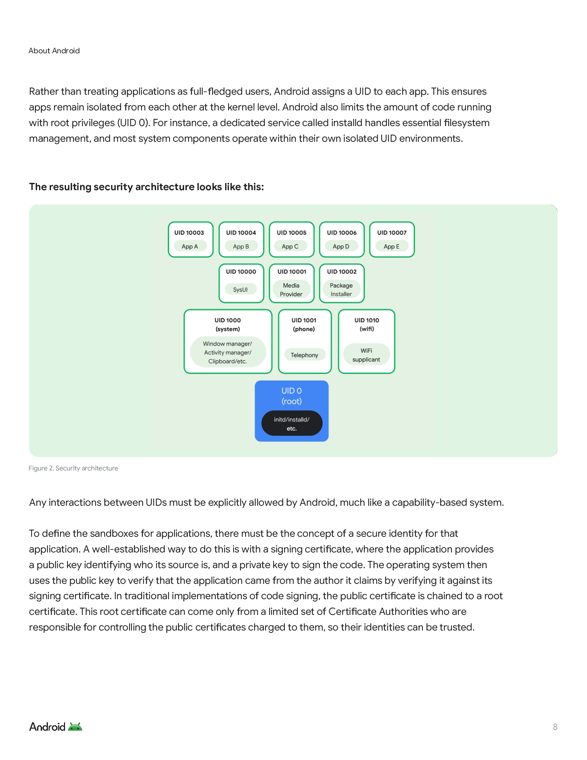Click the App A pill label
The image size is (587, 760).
pos(190,246)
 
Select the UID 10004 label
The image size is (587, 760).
pos(241,233)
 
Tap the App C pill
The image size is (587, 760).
pos(290,246)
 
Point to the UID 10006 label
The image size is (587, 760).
pos(342,233)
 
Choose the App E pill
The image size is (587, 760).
pos(392,246)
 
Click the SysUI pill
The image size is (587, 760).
pos(240,290)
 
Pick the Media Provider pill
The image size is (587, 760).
pos(291,290)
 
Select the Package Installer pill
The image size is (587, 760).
pos(341,290)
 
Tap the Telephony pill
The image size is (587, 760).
pos(305,355)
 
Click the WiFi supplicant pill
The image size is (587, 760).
pos(367,355)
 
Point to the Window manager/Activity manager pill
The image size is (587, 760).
pos(228,352)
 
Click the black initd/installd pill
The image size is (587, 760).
pos(292,423)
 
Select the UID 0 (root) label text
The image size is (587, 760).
pos(291,396)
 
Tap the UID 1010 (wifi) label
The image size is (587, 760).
pos(367,324)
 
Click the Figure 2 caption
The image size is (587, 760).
pos(73,468)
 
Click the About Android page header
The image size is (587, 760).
pos(54,51)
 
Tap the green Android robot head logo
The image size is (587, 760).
pos(75,727)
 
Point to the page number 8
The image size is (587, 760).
pos(555,727)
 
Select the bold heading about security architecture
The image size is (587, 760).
pos(146,187)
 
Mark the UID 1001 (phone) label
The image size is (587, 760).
pos(304,324)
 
